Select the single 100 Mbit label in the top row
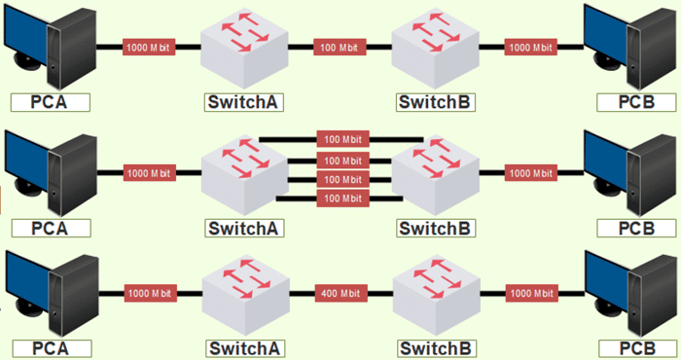pyautogui.click(x=340, y=47)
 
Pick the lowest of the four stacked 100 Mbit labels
pyautogui.click(x=342, y=198)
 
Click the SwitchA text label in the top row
pyautogui.click(x=243, y=102)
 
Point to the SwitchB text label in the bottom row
pyautogui.click(x=435, y=348)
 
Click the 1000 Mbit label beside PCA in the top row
pyautogui.click(x=149, y=47)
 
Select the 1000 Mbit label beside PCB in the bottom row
pyautogui.click(x=532, y=292)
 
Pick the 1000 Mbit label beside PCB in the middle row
pyautogui.click(x=532, y=173)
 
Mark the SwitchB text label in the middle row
pyautogui.click(x=435, y=228)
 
